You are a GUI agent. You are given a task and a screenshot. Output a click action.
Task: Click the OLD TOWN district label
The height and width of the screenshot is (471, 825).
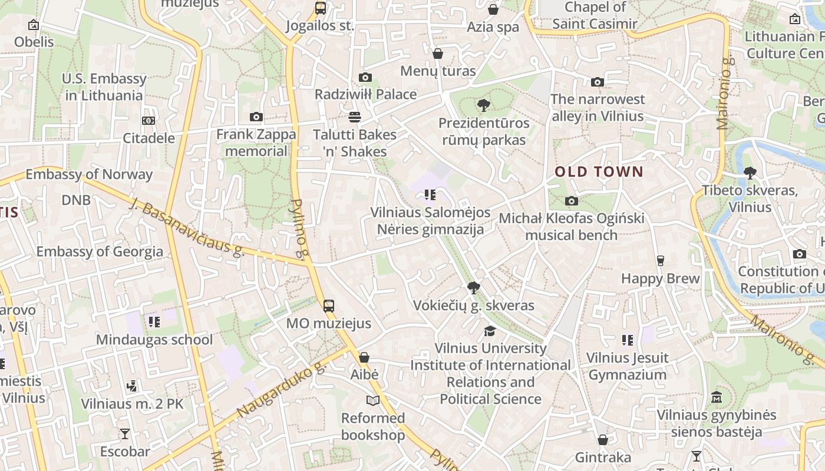click(599, 172)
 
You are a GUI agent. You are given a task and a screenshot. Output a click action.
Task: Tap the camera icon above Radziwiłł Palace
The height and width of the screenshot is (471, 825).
click(365, 78)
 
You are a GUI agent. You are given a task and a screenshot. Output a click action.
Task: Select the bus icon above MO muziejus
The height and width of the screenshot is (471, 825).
click(329, 306)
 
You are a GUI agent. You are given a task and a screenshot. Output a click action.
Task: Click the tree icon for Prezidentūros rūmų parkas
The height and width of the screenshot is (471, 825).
click(483, 106)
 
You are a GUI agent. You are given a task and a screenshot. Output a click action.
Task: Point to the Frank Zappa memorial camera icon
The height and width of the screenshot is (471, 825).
click(256, 117)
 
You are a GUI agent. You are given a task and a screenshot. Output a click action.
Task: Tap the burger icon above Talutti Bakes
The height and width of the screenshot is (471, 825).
click(354, 117)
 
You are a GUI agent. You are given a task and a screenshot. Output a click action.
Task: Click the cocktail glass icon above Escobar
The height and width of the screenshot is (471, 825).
click(125, 434)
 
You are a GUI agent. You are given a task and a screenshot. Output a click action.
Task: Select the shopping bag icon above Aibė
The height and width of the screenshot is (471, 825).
click(364, 357)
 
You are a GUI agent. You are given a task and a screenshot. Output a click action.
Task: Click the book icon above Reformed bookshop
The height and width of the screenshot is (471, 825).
click(372, 401)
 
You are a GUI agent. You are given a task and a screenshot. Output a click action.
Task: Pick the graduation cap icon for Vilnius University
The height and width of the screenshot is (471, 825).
click(490, 331)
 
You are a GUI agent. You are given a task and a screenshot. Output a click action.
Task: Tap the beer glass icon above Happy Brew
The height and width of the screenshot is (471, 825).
click(660, 261)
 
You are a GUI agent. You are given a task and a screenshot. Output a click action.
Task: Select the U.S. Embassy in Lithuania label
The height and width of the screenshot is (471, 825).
click(104, 87)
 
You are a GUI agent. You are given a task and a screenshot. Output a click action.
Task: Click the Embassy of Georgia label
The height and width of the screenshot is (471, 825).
click(100, 251)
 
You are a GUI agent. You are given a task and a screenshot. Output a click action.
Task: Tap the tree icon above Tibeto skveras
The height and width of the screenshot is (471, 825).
click(750, 173)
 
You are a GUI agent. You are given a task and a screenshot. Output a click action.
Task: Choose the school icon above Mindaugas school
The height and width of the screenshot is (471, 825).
click(154, 322)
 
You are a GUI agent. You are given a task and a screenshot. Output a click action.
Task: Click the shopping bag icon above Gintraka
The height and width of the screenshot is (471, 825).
click(602, 440)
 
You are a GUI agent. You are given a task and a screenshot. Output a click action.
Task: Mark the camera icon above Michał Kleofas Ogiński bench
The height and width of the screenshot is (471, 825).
click(571, 201)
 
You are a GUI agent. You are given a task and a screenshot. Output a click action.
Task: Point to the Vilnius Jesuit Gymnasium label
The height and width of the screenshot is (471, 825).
click(627, 366)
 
